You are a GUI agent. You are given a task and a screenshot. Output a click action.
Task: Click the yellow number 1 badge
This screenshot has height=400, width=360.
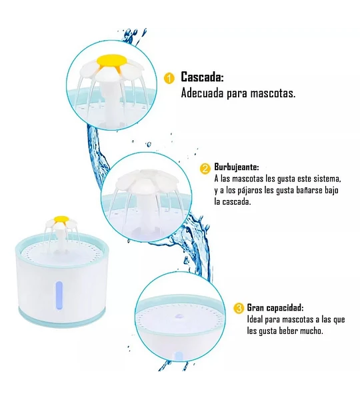click(x=169, y=78)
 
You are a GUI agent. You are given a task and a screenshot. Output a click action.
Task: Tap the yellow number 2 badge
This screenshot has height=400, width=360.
click(x=205, y=169)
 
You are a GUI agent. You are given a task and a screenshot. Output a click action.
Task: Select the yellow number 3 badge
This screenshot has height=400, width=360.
click(x=239, y=308)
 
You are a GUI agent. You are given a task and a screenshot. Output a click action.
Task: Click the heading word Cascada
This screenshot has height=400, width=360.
click(x=202, y=77)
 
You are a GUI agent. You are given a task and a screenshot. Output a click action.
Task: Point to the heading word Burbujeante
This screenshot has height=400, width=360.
click(x=237, y=167)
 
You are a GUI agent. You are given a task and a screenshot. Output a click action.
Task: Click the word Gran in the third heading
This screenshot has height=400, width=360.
click(x=255, y=307)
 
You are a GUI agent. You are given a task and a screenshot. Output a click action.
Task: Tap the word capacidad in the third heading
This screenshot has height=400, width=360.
click(x=285, y=308)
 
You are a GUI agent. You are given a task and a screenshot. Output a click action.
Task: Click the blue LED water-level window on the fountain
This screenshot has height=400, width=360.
click(x=59, y=295)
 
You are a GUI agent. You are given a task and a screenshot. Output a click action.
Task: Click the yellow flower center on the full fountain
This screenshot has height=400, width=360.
click(x=62, y=219)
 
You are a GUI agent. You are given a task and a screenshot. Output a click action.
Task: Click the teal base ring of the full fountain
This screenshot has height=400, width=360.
click(x=61, y=314)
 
